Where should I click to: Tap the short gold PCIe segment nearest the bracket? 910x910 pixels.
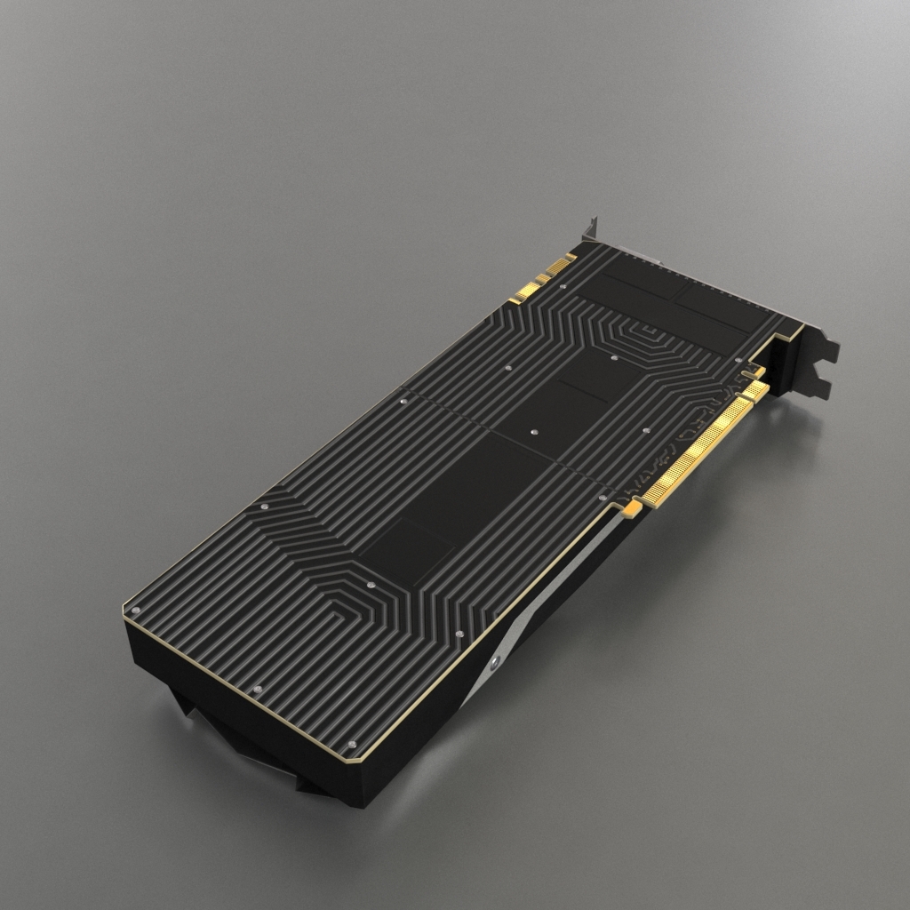coord(754,390)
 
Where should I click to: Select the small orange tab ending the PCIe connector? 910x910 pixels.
coord(632,508)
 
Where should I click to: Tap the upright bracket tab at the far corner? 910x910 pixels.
coord(590,227)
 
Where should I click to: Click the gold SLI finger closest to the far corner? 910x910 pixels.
coord(560,263)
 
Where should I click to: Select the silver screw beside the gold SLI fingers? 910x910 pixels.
coord(563,286)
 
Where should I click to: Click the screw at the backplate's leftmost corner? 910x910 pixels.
coord(135,611)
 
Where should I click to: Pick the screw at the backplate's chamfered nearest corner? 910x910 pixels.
coord(352,745)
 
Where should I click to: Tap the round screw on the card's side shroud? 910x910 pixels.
coord(495,663)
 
